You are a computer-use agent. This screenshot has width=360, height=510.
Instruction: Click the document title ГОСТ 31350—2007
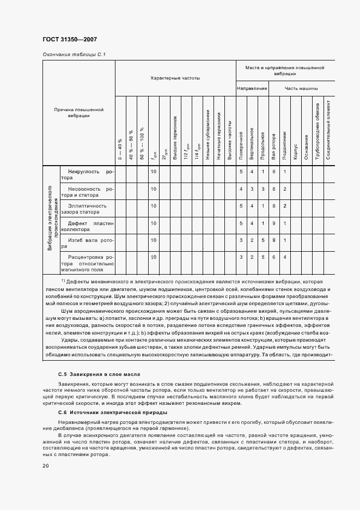(70, 39)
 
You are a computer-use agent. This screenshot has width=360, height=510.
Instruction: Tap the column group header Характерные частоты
(175, 78)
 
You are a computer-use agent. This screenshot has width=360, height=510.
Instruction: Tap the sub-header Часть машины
(301, 88)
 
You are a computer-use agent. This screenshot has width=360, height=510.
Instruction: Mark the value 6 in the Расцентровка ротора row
(273, 257)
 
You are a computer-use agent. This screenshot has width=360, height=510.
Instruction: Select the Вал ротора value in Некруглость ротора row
(273, 172)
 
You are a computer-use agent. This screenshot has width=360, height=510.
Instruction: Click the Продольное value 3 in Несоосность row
(263, 189)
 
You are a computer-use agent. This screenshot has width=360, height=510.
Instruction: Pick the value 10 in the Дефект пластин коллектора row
(154, 223)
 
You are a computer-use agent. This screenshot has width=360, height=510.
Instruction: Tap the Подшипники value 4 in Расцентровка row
(284, 257)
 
